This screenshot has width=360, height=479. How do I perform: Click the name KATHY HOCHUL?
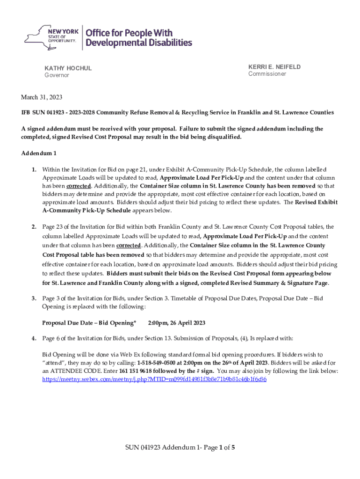pos(68,68)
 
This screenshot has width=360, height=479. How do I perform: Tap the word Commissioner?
pos(267,74)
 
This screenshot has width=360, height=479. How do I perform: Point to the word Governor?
pos(57,75)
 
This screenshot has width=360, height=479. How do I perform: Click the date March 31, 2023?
pos(42,97)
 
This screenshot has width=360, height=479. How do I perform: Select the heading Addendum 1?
pos(39,153)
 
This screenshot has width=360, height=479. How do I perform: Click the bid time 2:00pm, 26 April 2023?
pos(176,323)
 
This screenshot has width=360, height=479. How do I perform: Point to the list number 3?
pos(34,298)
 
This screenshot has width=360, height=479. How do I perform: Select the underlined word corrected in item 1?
pos(78,186)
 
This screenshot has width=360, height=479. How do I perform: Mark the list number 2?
pos(34,227)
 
